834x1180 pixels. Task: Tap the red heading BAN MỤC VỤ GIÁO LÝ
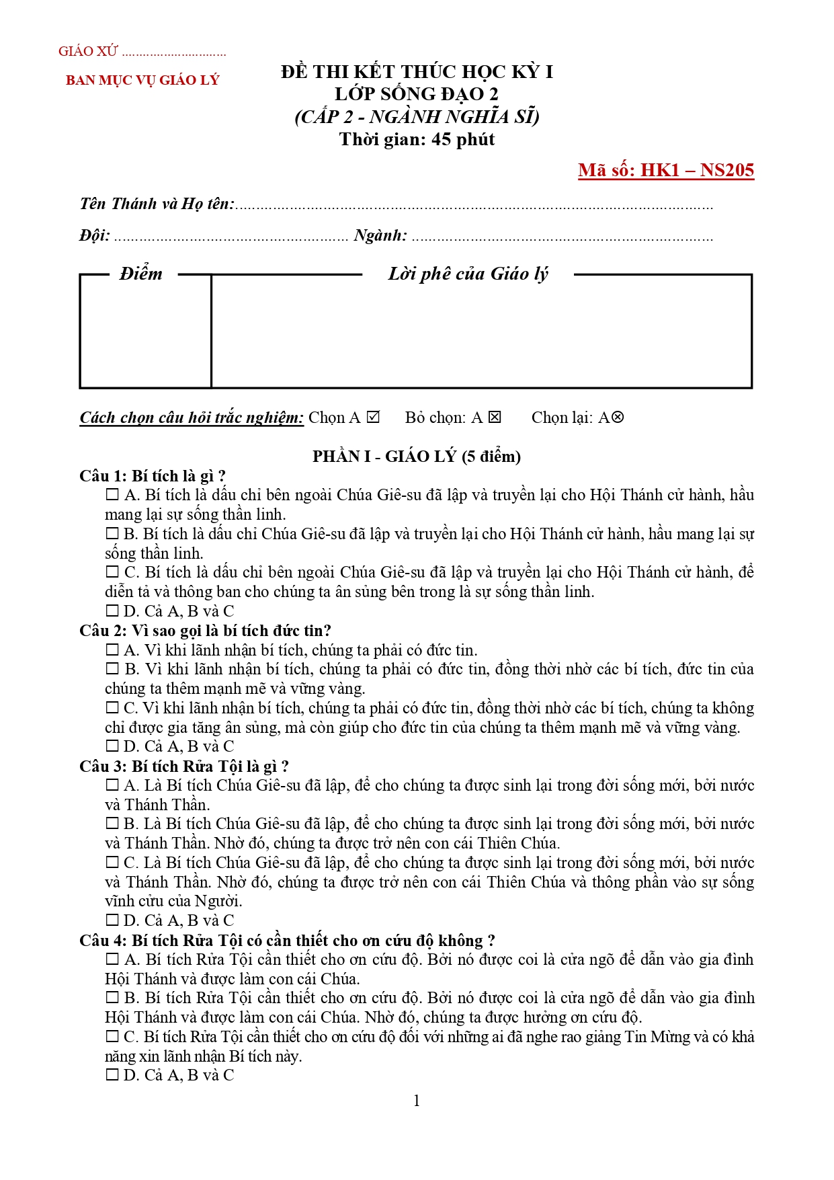(x=142, y=80)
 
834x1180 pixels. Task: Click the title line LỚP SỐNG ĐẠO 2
(x=417, y=94)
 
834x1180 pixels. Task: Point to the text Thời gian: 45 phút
(x=417, y=139)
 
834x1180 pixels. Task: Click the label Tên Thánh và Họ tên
(x=157, y=204)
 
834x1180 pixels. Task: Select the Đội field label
(x=95, y=235)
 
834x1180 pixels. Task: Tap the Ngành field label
(x=380, y=235)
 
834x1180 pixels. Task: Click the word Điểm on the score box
(x=141, y=274)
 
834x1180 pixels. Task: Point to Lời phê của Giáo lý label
(x=468, y=274)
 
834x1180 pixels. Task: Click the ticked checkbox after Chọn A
(x=374, y=418)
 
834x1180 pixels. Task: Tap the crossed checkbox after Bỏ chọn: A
(x=495, y=418)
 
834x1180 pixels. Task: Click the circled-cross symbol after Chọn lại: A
(x=618, y=418)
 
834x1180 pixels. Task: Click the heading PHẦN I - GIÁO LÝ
(x=417, y=457)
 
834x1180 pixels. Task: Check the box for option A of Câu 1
(x=112, y=495)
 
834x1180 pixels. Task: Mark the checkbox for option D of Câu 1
(x=112, y=611)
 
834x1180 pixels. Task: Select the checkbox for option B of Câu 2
(x=112, y=669)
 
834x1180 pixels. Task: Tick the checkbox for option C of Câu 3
(x=112, y=863)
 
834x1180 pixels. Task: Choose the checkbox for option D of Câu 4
(x=112, y=1075)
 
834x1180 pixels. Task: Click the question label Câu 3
(x=102, y=766)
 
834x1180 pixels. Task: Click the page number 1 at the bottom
(x=417, y=1101)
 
